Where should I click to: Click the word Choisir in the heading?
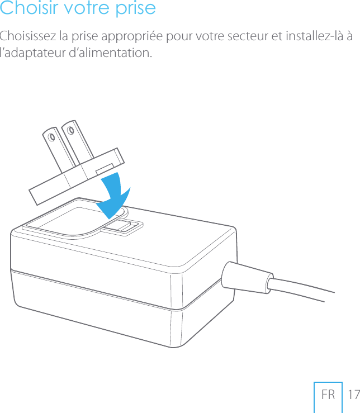(x=27, y=9)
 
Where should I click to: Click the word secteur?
(x=245, y=37)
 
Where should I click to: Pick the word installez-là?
(x=314, y=37)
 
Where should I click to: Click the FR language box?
(x=328, y=395)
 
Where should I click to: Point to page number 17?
(x=353, y=395)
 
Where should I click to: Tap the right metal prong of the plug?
(x=76, y=141)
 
